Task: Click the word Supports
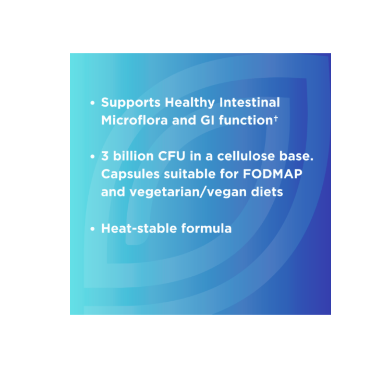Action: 131,103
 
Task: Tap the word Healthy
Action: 190,103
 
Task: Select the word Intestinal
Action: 250,102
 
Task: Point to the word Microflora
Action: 134,120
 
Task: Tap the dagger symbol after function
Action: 276,118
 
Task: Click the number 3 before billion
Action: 105,156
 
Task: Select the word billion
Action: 133,156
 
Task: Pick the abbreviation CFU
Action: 171,156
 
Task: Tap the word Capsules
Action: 130,174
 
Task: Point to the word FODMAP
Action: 272,174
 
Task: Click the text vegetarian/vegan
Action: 188,192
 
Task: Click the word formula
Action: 206,228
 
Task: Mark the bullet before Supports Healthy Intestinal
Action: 92,103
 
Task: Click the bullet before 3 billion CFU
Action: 92,156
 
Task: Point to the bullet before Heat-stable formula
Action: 92,229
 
